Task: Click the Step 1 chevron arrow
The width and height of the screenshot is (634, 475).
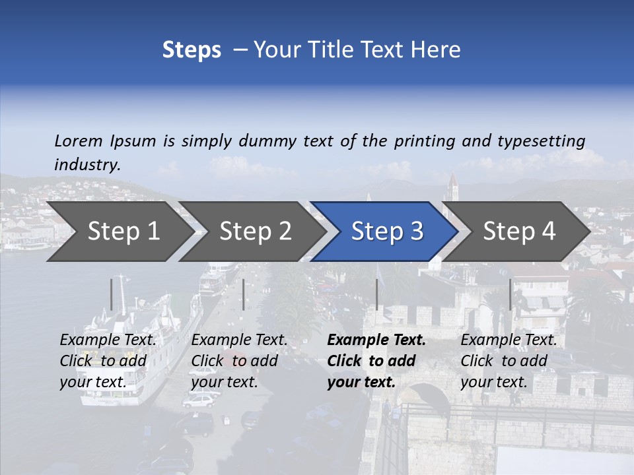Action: (119, 232)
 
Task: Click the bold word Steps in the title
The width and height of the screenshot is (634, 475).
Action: (192, 50)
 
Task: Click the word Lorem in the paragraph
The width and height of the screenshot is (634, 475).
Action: (79, 141)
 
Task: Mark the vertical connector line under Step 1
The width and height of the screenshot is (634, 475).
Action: (112, 294)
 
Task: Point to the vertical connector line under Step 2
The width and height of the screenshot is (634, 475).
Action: (244, 294)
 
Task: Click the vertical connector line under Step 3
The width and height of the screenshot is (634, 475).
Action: (376, 294)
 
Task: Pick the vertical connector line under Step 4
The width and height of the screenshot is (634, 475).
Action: (510, 294)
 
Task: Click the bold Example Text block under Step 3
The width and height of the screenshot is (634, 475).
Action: (376, 361)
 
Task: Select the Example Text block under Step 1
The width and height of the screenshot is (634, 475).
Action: (108, 361)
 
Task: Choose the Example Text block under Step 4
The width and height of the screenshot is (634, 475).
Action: (509, 361)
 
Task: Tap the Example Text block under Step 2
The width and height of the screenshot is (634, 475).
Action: (239, 361)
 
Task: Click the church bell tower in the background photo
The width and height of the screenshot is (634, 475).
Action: (452, 188)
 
